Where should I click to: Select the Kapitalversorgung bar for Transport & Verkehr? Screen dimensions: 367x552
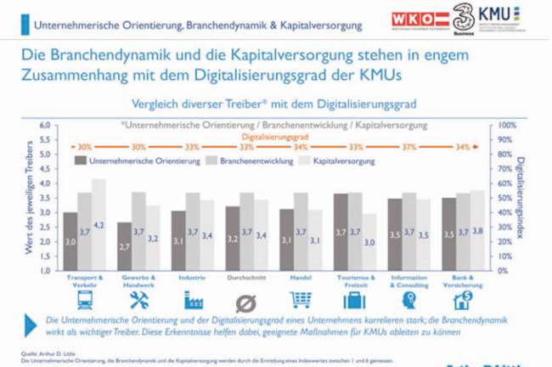click(99, 224)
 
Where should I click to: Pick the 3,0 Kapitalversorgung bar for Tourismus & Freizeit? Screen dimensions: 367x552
click(369, 242)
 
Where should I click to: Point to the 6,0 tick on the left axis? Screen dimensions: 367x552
click(46, 125)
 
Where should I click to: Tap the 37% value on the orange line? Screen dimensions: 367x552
click(409, 147)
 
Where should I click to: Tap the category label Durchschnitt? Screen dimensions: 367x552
click(246, 278)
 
